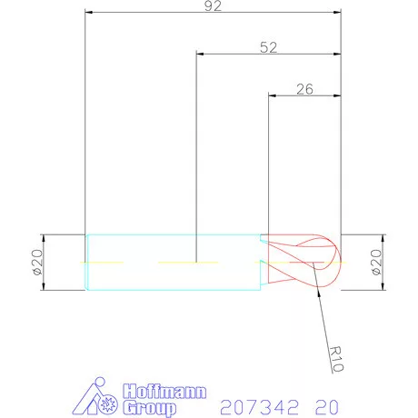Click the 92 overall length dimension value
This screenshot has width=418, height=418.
[x=214, y=5]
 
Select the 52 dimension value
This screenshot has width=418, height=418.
[x=268, y=47]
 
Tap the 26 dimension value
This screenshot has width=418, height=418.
[x=305, y=89]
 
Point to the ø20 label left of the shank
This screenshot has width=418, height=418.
[x=37, y=263]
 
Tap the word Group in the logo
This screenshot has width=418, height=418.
[x=148, y=407]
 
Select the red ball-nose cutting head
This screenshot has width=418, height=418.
[x=304, y=263]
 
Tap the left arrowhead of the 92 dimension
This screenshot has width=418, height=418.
[x=88, y=13]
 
